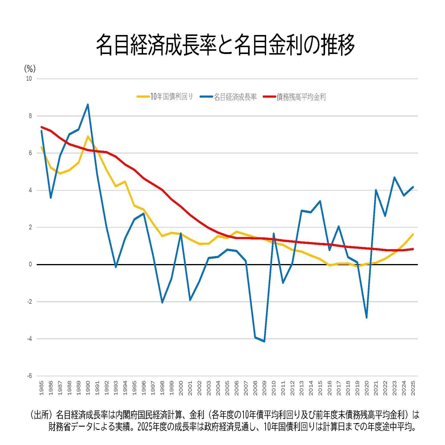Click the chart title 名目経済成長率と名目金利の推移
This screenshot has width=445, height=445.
(x=225, y=45)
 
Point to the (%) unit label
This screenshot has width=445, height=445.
(x=30, y=69)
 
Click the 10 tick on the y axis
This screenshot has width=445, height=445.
(x=29, y=79)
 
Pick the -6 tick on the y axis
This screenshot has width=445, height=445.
(x=29, y=376)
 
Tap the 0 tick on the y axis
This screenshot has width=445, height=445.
(x=30, y=265)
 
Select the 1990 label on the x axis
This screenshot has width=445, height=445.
(x=88, y=388)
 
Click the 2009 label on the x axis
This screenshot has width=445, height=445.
(x=264, y=388)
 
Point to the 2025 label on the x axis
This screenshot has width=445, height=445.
(x=413, y=388)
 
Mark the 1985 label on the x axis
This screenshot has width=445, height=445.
(x=41, y=388)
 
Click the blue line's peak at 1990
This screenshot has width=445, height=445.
(x=88, y=104)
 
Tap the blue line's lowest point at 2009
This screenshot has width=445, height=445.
(x=264, y=341)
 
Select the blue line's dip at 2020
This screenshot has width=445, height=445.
(x=367, y=318)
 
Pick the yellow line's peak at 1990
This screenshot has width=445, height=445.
(x=88, y=136)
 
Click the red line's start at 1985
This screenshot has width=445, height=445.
(x=42, y=127)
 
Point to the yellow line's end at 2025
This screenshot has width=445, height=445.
(x=413, y=234)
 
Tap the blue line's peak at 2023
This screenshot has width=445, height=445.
(x=395, y=177)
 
